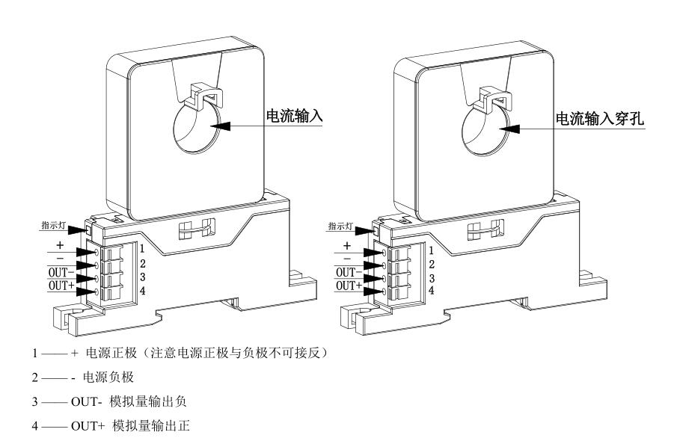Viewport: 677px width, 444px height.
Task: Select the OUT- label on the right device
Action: [x=347, y=272]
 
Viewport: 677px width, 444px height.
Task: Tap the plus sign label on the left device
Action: [x=60, y=244]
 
